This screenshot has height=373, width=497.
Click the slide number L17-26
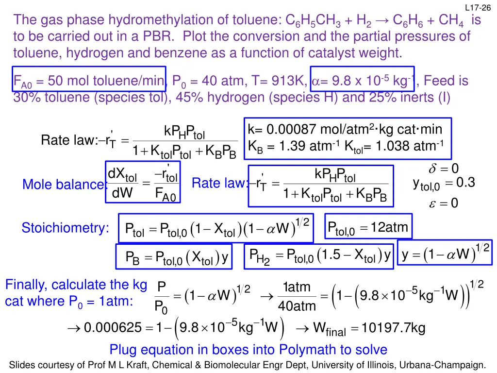point(478,7)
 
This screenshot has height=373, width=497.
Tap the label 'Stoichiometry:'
point(66,228)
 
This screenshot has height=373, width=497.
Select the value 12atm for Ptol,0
point(389,227)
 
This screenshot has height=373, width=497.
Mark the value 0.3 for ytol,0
point(464,183)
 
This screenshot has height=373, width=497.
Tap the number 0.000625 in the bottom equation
point(110,329)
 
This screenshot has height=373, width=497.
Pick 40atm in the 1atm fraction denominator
point(297,306)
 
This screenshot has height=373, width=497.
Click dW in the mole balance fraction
point(123,194)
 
